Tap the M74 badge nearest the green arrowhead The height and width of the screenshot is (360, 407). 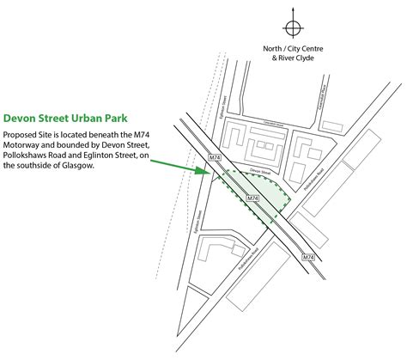[216, 157]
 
